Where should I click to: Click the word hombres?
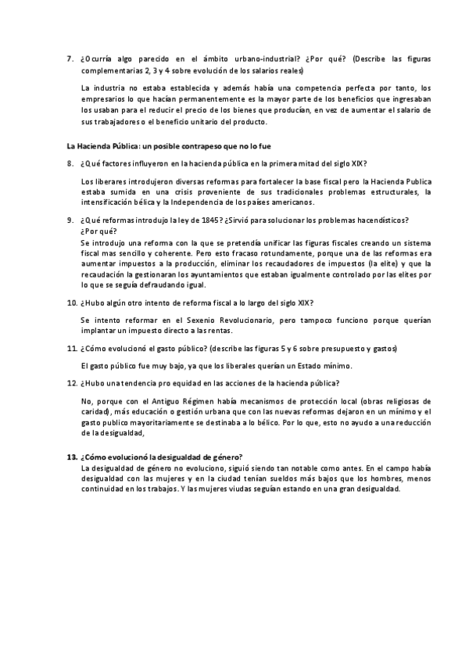click(357, 478)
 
